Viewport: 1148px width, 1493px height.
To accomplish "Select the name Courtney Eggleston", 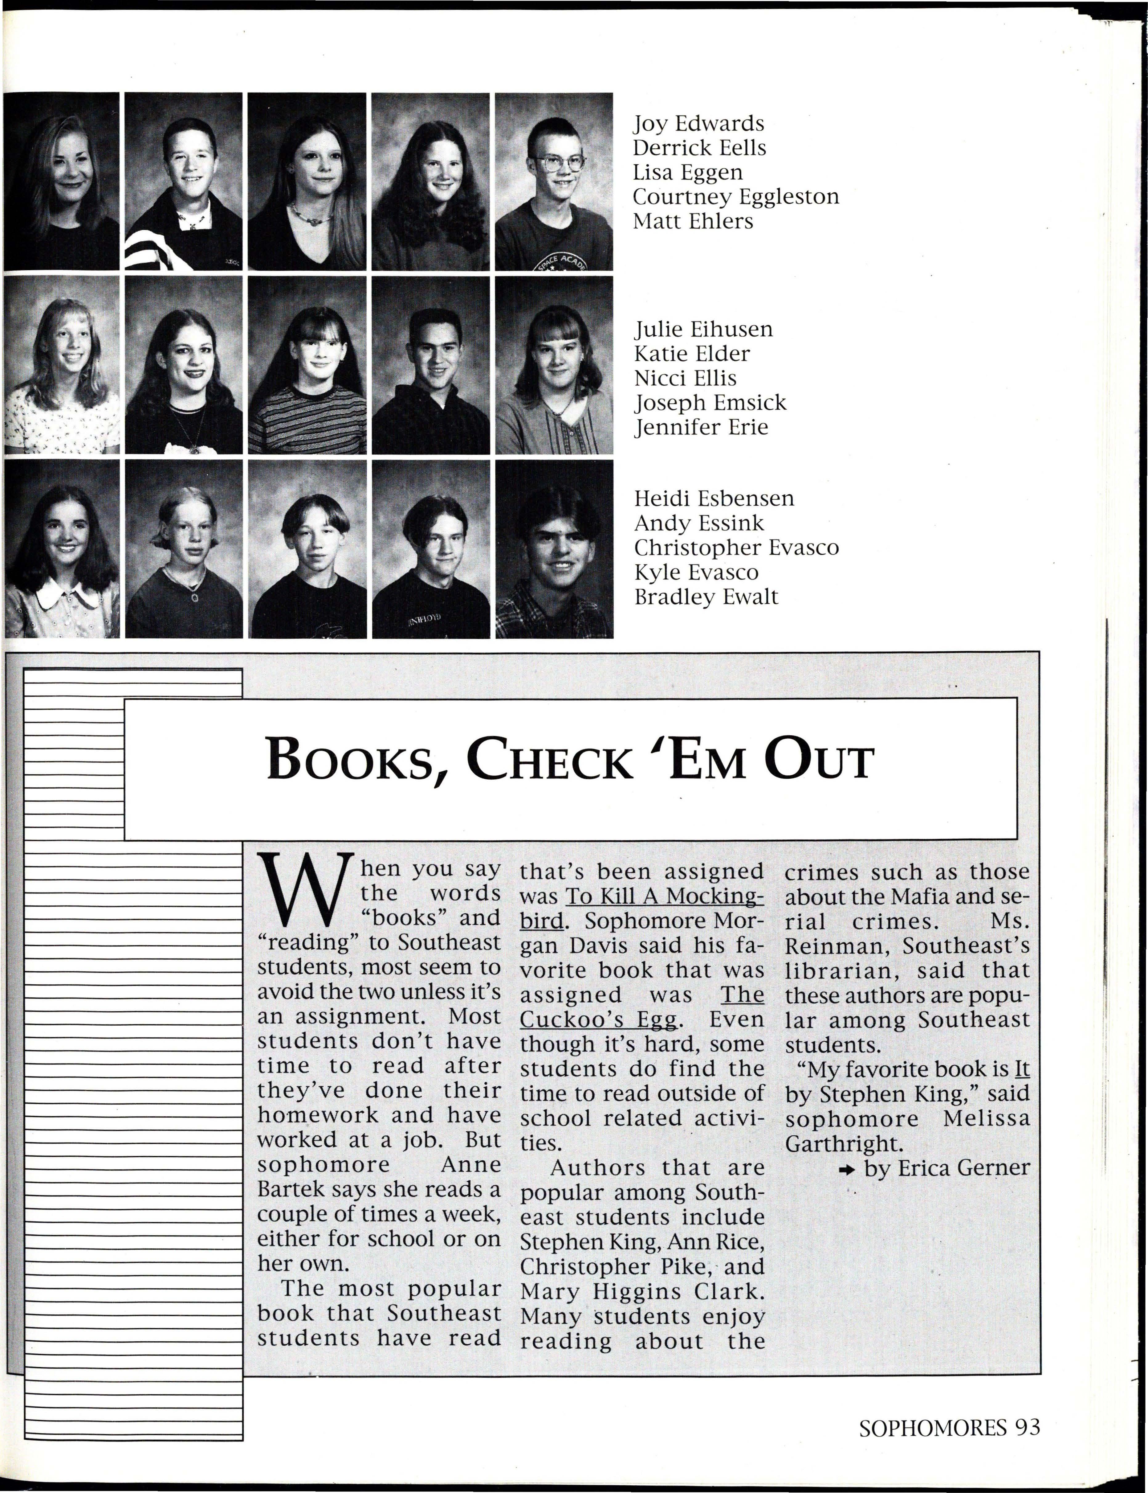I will [735, 197].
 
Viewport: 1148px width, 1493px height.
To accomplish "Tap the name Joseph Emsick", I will [710, 403].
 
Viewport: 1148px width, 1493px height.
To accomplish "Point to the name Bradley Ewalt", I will [706, 597].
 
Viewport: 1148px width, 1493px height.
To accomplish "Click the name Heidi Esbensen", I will [714, 498].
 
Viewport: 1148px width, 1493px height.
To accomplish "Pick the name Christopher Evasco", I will [736, 548].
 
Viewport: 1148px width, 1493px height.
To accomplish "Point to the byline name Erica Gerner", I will [963, 1168].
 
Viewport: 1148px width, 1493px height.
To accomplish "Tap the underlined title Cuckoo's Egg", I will [599, 1020].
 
